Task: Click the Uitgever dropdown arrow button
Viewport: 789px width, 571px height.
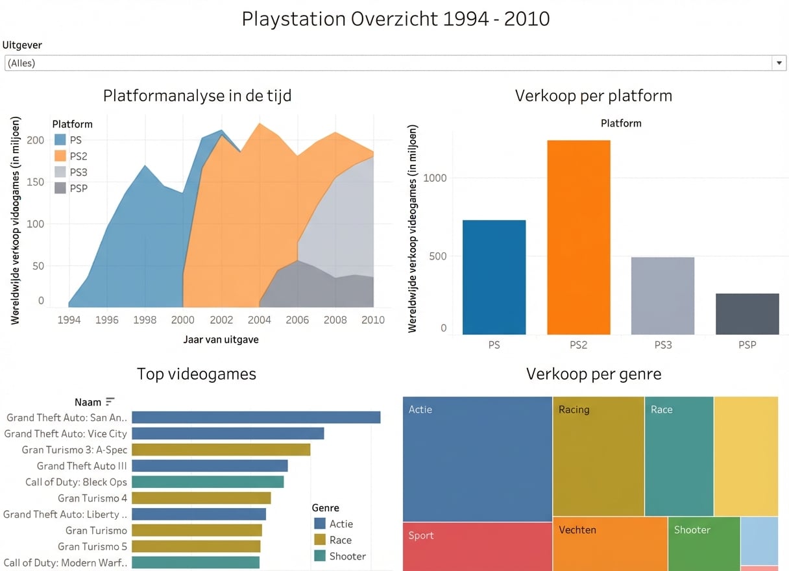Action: [779, 63]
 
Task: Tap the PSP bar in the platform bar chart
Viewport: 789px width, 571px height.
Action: [747, 314]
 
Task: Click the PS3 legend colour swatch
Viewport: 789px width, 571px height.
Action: [60, 172]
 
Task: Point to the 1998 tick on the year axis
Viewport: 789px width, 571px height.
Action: [145, 319]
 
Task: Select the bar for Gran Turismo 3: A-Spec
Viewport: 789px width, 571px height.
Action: [221, 450]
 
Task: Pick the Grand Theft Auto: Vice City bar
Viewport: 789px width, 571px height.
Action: [228, 433]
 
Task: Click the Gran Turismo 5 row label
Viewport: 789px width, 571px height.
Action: [93, 546]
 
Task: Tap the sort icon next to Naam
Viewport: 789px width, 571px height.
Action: [110, 402]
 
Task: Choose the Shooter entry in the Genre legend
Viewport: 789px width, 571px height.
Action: [347, 556]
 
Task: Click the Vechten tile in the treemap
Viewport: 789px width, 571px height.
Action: [610, 544]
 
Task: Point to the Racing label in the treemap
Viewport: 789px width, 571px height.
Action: [574, 409]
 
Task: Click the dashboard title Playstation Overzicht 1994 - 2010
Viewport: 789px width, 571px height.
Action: [395, 19]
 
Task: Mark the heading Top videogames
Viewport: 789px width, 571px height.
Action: [197, 374]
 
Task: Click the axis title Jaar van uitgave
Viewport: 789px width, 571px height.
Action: [221, 339]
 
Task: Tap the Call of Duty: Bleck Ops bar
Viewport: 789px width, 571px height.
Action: [208, 482]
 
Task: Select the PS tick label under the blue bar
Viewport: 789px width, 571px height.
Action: [494, 345]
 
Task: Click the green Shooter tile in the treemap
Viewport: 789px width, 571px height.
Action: [703, 544]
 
